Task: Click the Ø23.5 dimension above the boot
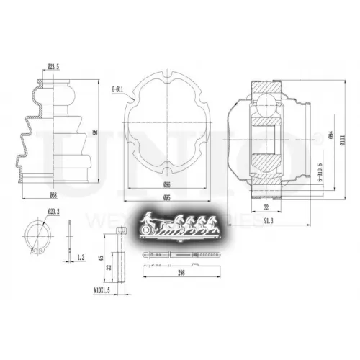click(x=53, y=68)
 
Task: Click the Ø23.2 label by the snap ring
click(x=53, y=211)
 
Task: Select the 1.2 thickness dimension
click(x=81, y=256)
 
